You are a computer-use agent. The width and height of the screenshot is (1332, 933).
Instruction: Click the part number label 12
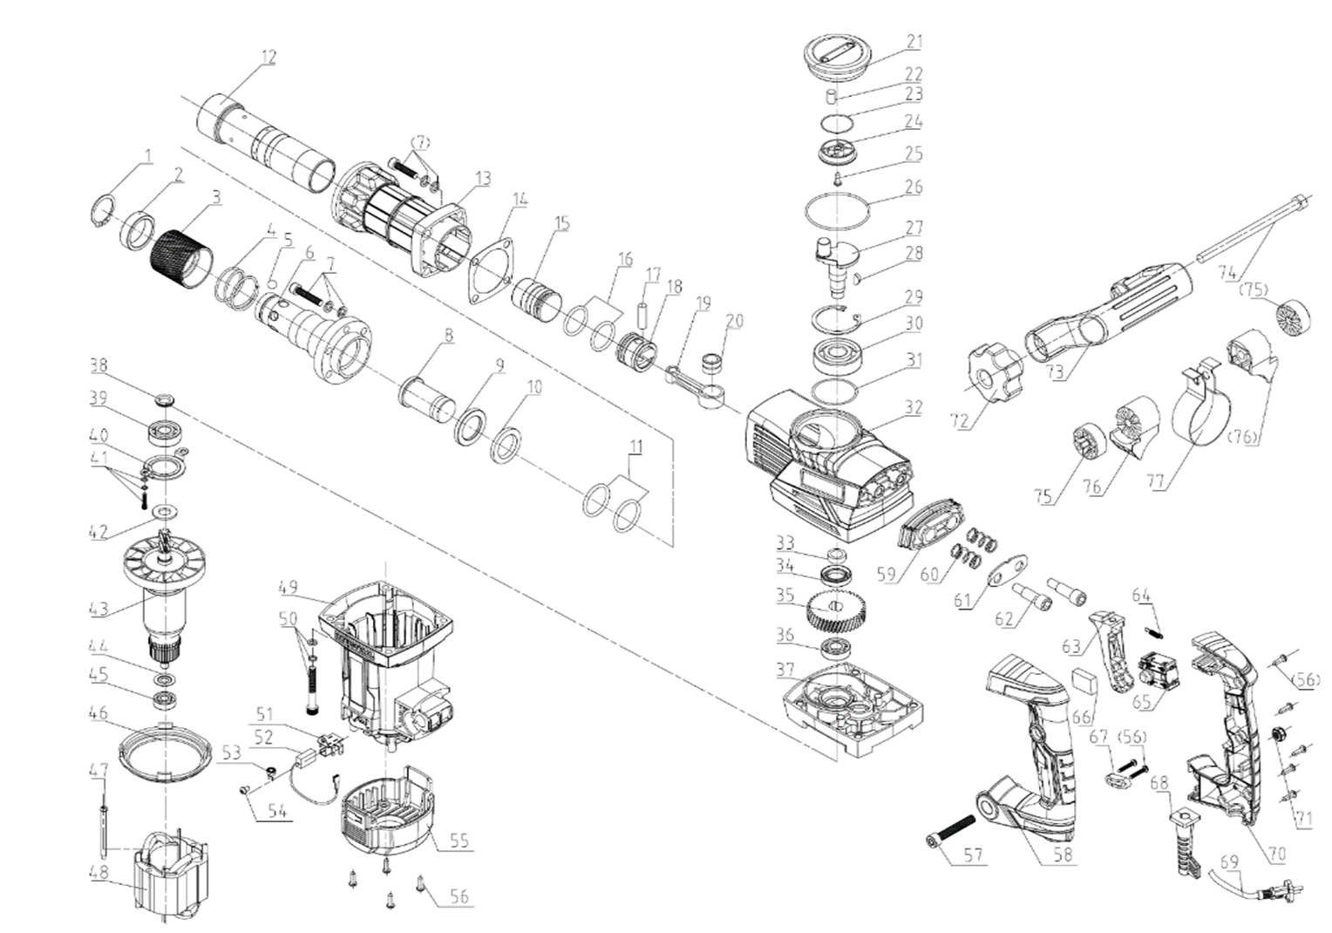268,57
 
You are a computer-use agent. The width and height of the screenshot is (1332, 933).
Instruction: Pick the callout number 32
913,406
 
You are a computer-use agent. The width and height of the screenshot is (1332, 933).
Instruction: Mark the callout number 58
1062,855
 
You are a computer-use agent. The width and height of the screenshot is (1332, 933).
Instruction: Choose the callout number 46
99,713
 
